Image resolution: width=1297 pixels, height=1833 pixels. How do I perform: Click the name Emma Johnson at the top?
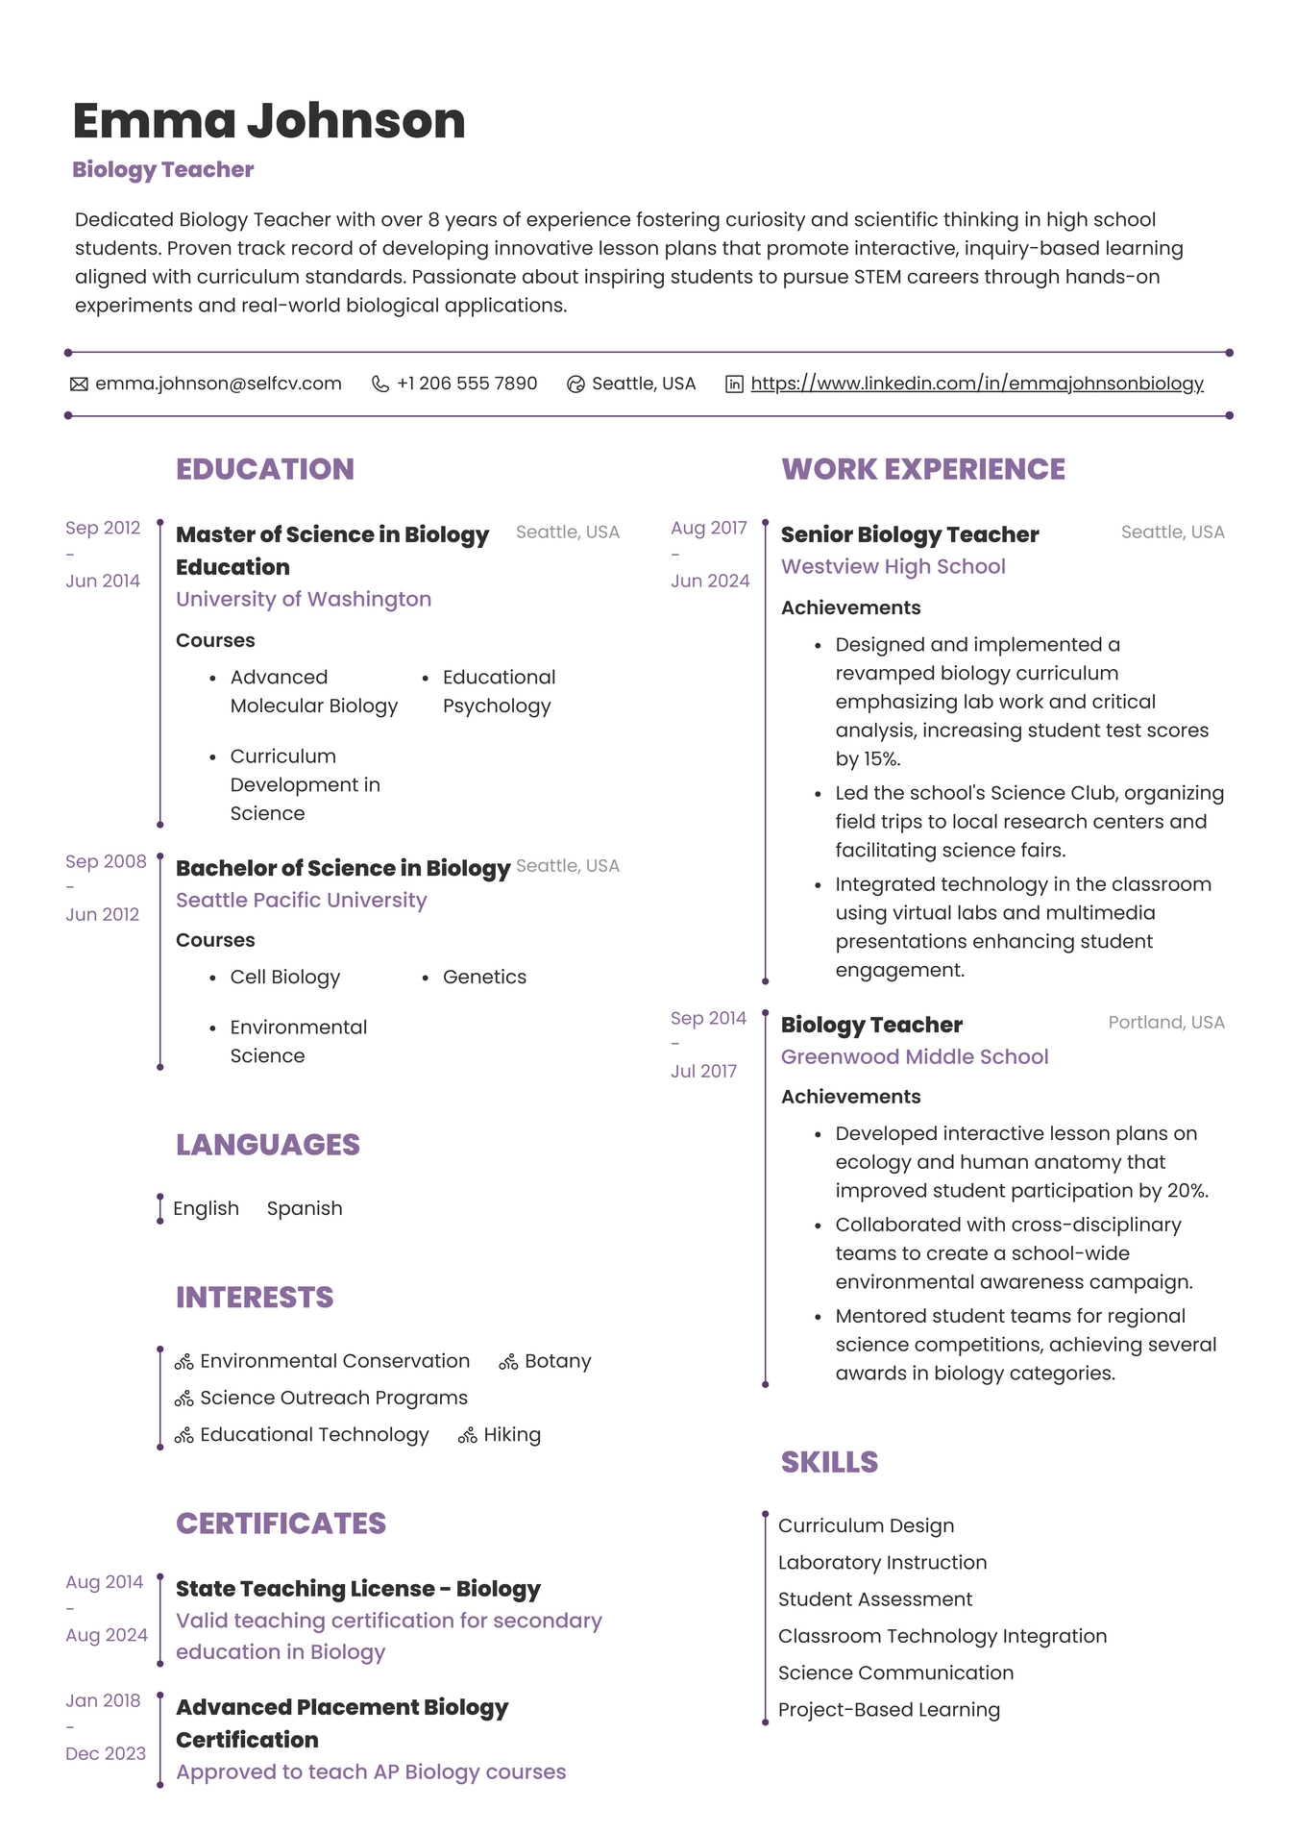[269, 122]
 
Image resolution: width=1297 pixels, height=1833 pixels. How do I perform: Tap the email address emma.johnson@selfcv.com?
[218, 384]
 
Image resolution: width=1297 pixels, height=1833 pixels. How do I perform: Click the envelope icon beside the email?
[79, 384]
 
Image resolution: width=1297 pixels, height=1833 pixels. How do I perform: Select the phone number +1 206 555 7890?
[466, 384]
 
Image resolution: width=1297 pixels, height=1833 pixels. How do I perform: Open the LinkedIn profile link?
[976, 384]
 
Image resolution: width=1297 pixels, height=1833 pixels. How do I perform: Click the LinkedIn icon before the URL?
[734, 384]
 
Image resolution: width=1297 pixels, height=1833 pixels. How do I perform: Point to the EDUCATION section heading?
[265, 469]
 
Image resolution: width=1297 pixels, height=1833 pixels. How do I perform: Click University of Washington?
[304, 599]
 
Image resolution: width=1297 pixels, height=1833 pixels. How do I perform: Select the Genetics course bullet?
[484, 977]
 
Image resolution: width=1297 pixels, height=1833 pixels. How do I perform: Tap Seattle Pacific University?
[301, 900]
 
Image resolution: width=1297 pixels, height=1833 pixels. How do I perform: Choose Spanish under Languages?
[305, 1208]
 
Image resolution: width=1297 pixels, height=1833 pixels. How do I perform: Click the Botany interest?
[557, 1361]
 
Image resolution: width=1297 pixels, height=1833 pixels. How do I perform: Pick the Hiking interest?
[512, 1435]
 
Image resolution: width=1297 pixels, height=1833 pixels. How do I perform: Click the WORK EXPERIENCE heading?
[923, 469]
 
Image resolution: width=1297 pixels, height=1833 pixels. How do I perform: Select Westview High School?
[893, 566]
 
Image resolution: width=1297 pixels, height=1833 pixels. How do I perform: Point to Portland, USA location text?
[1165, 1022]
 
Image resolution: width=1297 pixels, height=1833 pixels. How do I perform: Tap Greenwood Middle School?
[915, 1056]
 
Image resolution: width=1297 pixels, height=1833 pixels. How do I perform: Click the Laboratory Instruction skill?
[882, 1563]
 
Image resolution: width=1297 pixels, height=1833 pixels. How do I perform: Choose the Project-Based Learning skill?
[889, 1710]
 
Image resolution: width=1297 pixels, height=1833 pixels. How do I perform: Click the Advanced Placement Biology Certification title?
[341, 1723]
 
